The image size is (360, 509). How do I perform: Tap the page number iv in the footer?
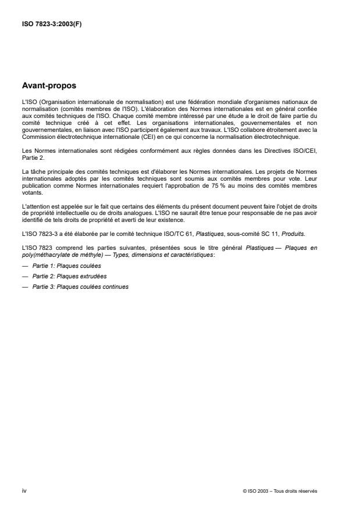[x=24, y=490]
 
